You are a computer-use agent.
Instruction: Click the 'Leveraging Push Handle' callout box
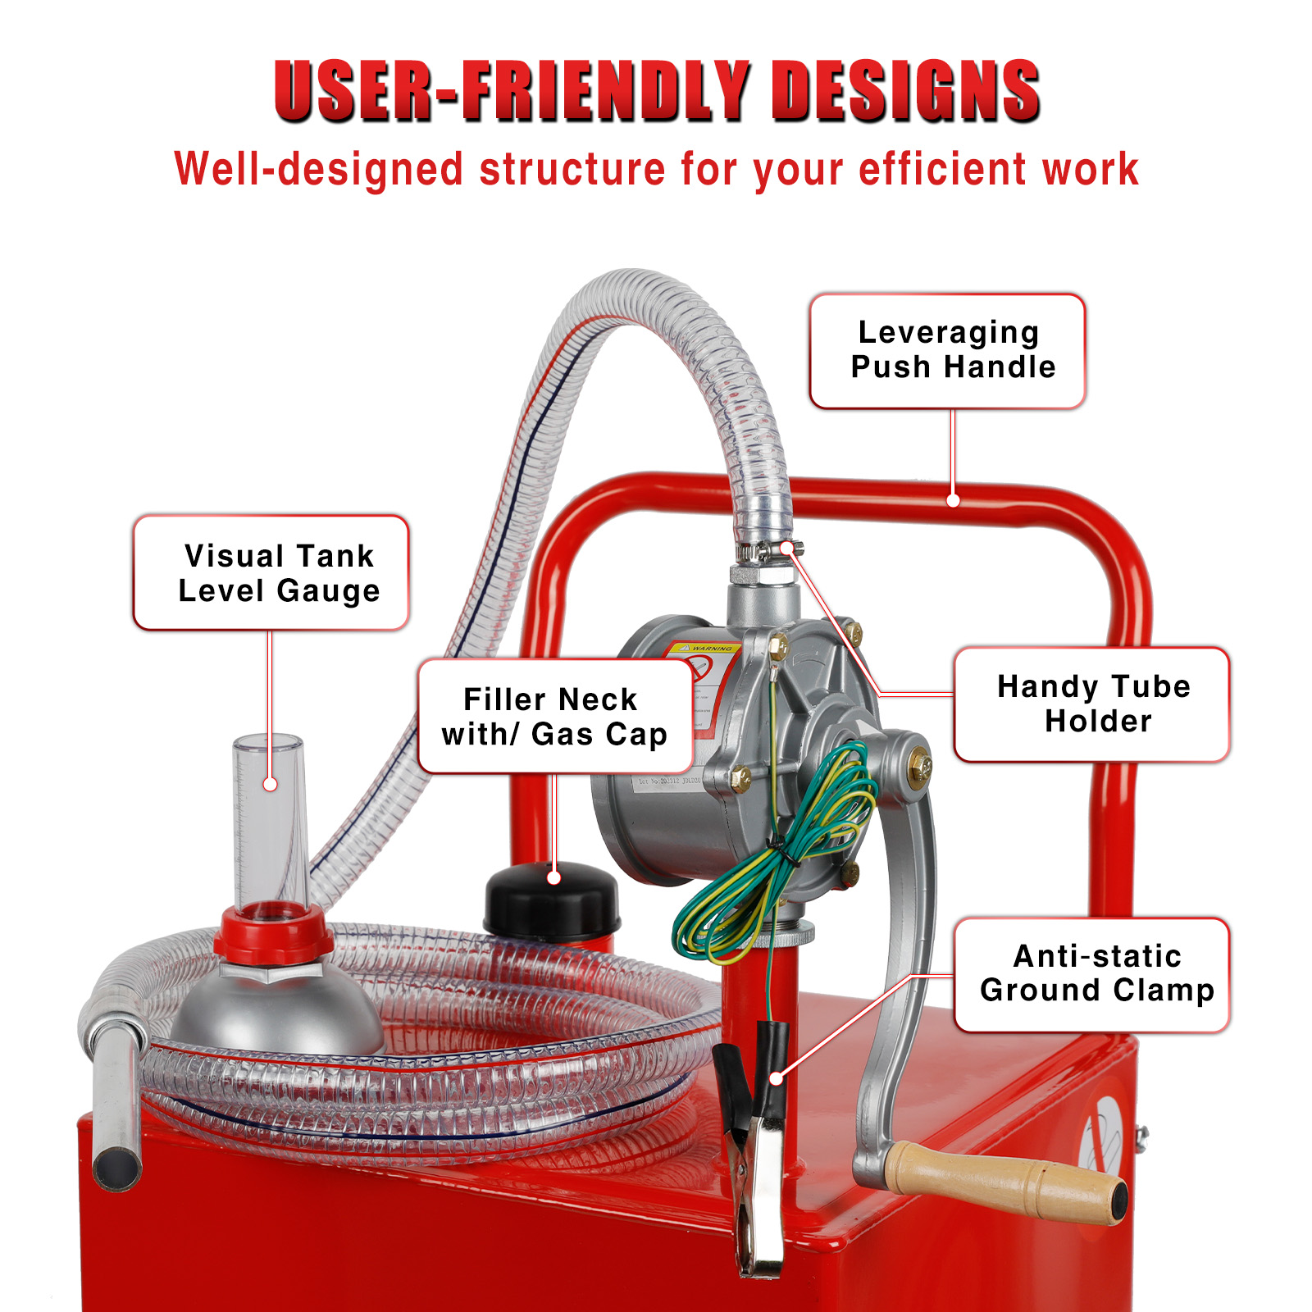point(947,351)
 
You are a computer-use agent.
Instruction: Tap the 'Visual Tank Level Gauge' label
point(271,572)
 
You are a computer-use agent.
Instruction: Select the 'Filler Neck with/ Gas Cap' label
point(555,716)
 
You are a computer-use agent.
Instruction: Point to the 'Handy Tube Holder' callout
point(1091,704)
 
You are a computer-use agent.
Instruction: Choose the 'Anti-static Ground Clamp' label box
point(1091,974)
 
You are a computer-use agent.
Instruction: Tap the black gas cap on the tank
point(551,902)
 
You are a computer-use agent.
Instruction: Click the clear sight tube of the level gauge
point(270,820)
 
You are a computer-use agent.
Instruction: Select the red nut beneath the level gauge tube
point(273,935)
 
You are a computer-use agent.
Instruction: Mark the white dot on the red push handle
point(953,500)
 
